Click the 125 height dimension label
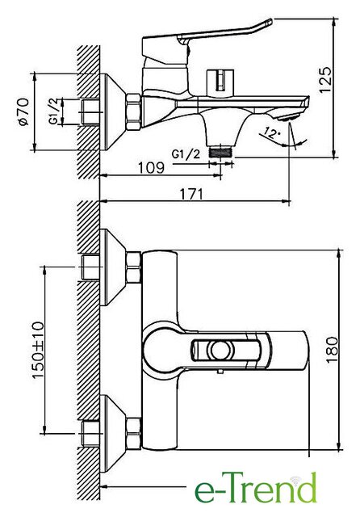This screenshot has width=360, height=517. pos(326,80)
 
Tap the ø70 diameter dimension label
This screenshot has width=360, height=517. pos(24,111)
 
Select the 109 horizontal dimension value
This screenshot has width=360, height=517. pos(151,168)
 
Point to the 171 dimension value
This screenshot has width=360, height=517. pos(191,194)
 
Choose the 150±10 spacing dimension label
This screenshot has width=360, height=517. pos(39,350)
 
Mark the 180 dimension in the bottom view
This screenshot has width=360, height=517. pos(333,350)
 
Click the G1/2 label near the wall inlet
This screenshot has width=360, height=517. pos(55,111)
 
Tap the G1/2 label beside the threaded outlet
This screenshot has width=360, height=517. pos(186,154)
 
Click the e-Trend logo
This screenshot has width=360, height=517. pos(255,488)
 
